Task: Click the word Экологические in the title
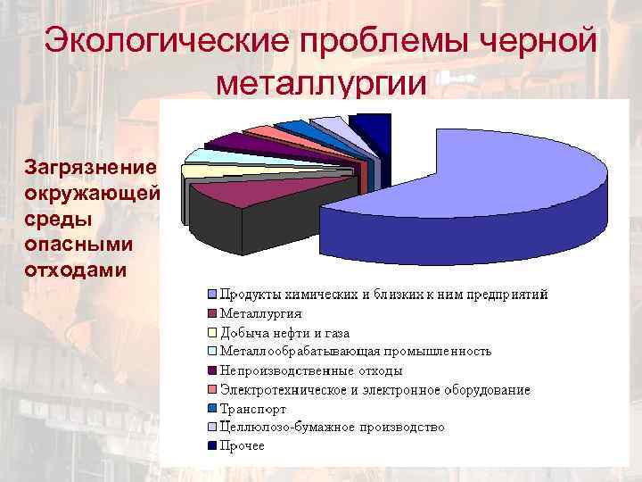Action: coord(167,41)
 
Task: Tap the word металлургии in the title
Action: coord(322,85)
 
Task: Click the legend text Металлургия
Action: coord(261,313)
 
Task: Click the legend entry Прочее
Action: coord(243,446)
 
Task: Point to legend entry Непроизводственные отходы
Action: coord(311,370)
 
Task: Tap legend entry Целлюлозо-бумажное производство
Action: coord(333,427)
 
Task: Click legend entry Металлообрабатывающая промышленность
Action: coord(356,351)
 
